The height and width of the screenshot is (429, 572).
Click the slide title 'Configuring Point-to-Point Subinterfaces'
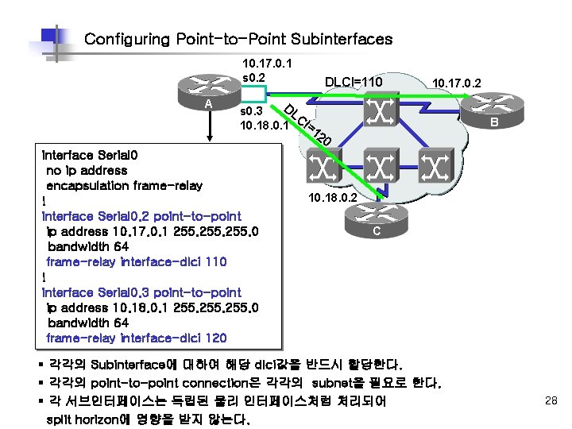point(238,39)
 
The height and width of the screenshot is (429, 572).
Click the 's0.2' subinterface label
point(253,76)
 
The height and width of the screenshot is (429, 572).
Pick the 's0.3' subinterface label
point(252,110)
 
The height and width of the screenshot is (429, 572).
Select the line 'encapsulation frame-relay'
point(124,186)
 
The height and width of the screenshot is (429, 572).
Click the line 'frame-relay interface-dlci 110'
point(137,261)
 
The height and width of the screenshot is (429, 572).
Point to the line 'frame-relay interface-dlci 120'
point(137,338)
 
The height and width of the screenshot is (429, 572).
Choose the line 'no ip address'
point(87,171)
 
